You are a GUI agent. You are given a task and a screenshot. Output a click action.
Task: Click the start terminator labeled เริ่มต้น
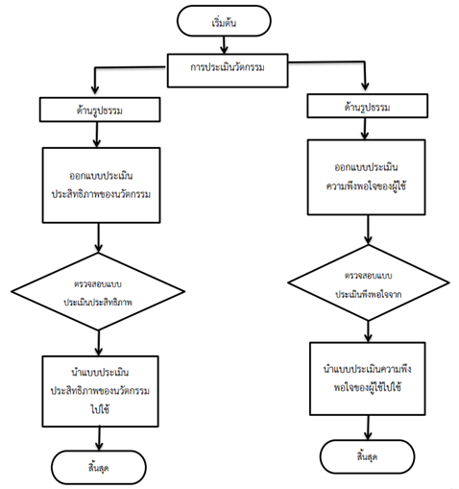(x=224, y=21)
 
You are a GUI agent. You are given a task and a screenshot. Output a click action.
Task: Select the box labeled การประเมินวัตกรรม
(x=228, y=70)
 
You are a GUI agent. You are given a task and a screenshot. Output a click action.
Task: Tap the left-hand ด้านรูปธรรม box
(x=100, y=110)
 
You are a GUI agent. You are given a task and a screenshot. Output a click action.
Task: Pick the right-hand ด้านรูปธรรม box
(x=367, y=106)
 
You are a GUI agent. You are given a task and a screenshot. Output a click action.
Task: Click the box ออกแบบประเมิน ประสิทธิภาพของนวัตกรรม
(x=101, y=185)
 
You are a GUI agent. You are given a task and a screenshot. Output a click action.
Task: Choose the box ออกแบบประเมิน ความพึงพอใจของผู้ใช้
(x=366, y=177)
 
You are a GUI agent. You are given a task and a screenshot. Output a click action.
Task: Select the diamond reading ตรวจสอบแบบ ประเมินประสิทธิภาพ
(x=98, y=291)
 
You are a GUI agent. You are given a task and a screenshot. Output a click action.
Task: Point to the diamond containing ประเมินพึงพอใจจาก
(x=369, y=282)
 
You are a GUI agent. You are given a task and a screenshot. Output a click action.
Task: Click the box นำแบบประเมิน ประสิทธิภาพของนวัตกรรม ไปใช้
(x=100, y=391)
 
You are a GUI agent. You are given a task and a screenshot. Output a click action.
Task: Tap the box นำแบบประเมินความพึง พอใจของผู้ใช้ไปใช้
(x=368, y=379)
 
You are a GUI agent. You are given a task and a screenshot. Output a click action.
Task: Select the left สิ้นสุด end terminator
(x=99, y=467)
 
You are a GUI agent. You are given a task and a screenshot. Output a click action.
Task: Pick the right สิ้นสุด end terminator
(x=367, y=456)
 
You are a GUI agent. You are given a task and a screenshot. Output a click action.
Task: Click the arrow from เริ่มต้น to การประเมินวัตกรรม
(x=224, y=45)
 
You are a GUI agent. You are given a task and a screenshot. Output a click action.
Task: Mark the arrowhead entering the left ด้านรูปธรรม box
(x=95, y=89)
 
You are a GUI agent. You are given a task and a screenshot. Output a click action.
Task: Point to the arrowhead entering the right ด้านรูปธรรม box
(x=365, y=86)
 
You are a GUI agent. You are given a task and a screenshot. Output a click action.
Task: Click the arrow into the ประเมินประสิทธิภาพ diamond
(x=99, y=237)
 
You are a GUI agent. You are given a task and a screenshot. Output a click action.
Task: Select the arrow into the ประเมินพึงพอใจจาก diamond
(x=369, y=230)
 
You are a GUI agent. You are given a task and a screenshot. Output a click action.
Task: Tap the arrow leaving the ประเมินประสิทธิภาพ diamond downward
(x=99, y=343)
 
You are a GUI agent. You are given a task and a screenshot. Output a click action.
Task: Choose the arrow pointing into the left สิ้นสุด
(x=99, y=439)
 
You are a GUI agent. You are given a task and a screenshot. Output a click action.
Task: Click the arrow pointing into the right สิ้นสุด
(x=368, y=428)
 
